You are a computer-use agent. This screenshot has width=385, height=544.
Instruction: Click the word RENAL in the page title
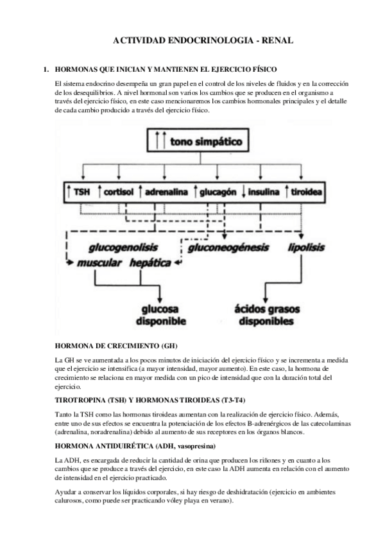pos(277,40)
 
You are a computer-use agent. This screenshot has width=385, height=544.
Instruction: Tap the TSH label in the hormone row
pos(79,191)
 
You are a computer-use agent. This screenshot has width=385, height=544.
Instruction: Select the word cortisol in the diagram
pos(117,191)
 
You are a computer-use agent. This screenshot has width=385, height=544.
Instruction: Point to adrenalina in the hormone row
pos(166,191)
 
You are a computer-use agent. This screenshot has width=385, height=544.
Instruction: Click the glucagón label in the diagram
pos(218,191)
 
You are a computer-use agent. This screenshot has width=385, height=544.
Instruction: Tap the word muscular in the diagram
pos(99,263)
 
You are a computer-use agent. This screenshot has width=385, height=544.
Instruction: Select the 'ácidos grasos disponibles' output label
pos(266,314)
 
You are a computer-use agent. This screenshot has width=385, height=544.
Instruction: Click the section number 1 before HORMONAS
pos(45,69)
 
